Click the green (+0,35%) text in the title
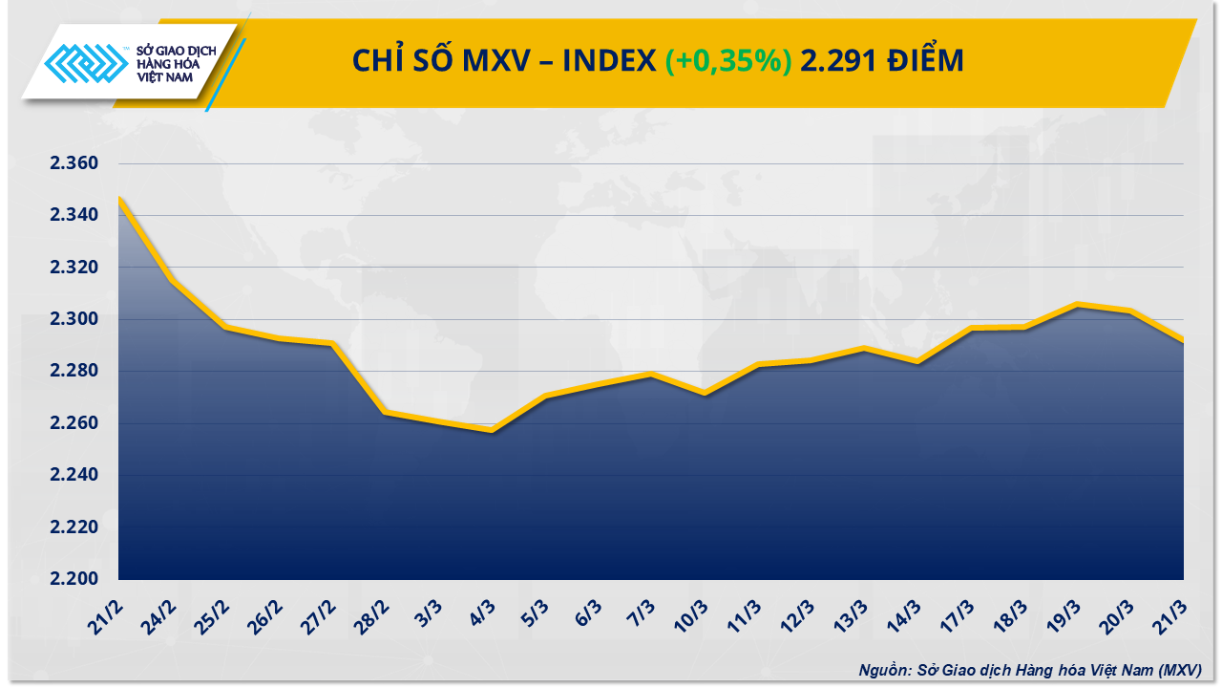[728, 61]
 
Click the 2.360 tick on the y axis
[74, 163]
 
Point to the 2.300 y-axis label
[74, 319]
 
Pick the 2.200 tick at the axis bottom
[74, 579]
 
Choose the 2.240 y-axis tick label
[74, 475]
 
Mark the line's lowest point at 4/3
[492, 431]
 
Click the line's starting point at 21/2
[119, 199]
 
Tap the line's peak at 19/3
[1077, 305]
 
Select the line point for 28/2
[385, 412]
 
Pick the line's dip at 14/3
[917, 361]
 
